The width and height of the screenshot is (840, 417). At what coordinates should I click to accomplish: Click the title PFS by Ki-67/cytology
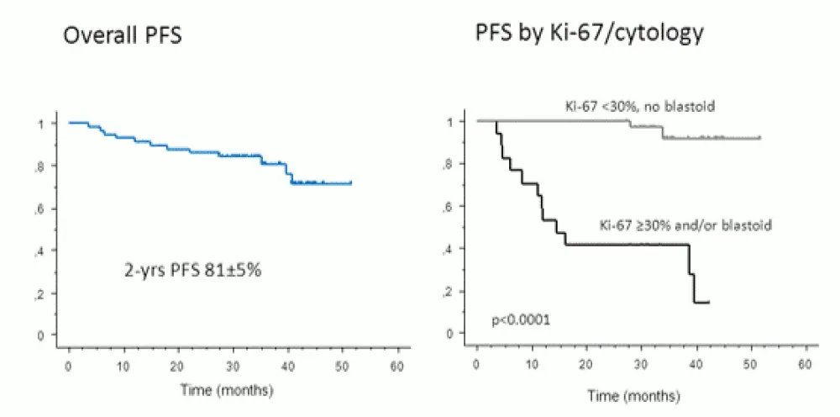pos(588,35)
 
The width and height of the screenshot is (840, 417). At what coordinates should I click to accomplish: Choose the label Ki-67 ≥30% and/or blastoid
pos(685,225)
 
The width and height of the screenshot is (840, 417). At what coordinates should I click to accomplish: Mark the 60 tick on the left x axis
pos(397,367)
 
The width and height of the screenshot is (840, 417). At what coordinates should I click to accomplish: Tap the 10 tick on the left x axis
pos(123,367)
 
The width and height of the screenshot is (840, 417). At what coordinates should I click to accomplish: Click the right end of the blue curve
pos(351,182)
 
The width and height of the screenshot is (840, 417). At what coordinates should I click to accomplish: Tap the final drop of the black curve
pos(696,288)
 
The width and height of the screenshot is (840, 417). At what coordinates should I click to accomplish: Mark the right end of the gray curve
pos(759,137)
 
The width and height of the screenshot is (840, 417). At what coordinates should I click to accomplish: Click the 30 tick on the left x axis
pos(233,367)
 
